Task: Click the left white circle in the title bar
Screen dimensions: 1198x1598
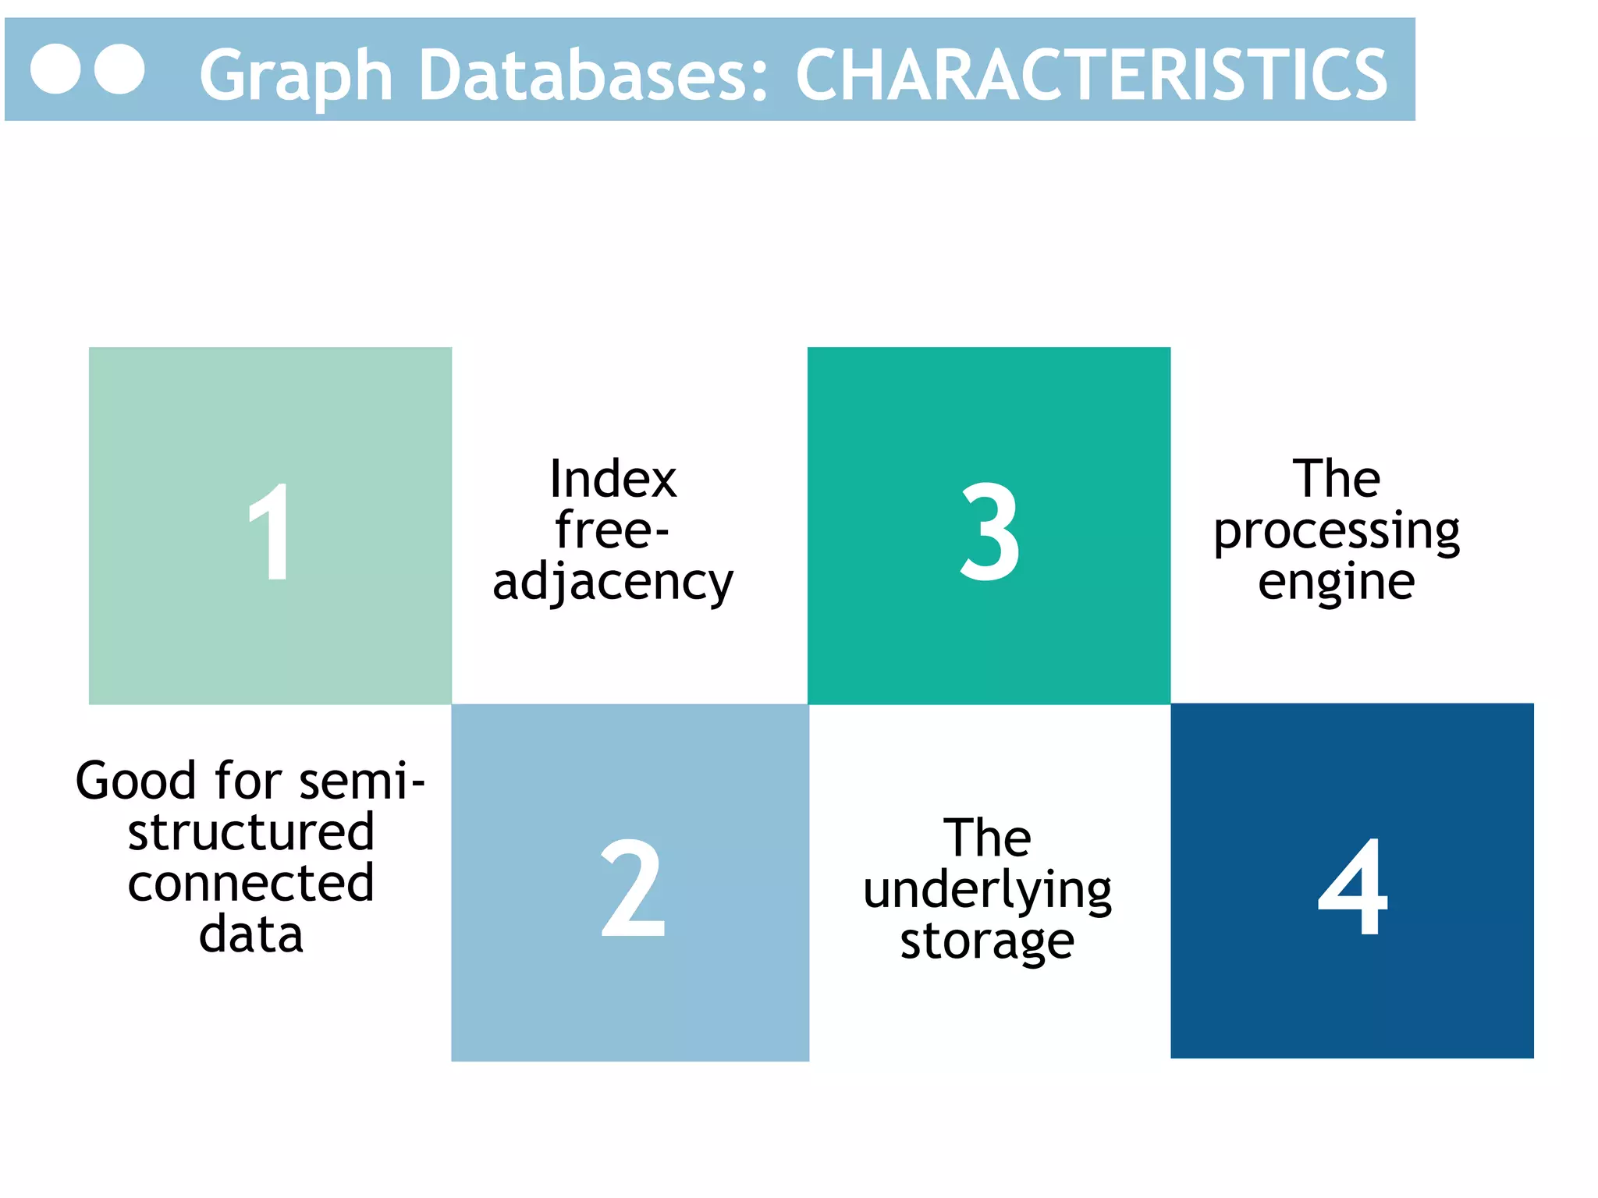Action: coord(55,69)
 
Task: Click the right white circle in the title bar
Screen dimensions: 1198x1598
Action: coord(119,69)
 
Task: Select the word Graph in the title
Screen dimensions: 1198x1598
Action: coord(296,76)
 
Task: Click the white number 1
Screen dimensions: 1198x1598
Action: coord(270,531)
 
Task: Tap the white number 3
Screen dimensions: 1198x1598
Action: coord(989,531)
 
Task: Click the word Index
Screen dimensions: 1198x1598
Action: coord(613,478)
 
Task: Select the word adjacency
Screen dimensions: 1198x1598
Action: coord(613,583)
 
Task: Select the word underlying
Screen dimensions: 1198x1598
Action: coord(987,890)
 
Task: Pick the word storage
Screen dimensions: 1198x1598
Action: coord(987,941)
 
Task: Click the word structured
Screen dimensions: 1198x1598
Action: coord(250,831)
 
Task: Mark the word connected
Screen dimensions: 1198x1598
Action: coord(250,883)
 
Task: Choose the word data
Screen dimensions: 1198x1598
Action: coord(250,934)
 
